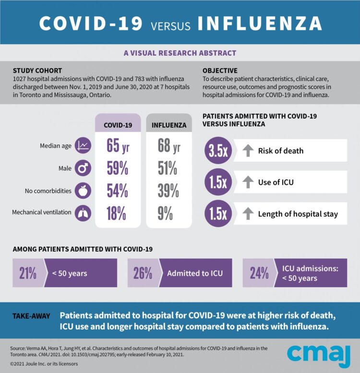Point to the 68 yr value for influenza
[x=169, y=145]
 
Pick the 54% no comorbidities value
[x=117, y=191]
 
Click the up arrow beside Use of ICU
[x=248, y=182]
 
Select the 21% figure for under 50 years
[x=28, y=273]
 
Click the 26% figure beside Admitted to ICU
[x=143, y=273]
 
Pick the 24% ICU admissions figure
[x=259, y=273]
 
